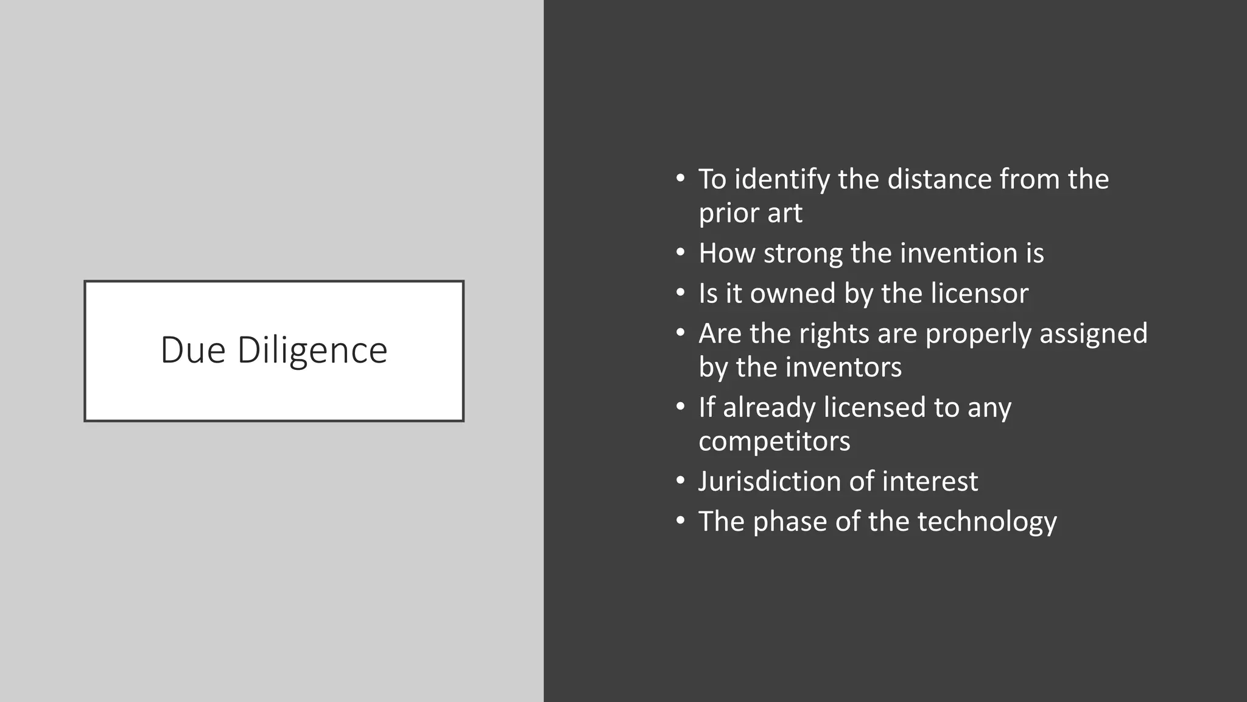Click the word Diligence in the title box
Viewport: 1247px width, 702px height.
(312, 352)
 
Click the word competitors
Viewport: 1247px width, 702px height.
(774, 441)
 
